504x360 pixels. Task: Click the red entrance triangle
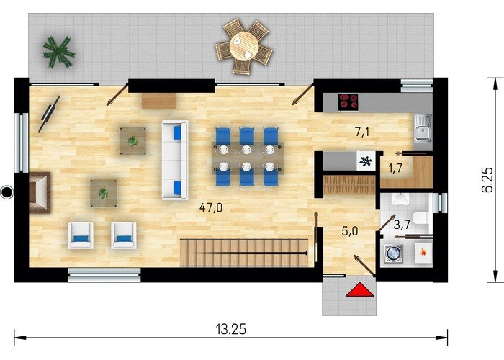click(360, 290)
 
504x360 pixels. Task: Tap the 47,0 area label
click(211, 207)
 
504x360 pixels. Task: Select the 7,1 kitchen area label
click(362, 132)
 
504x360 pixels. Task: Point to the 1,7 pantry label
click(396, 168)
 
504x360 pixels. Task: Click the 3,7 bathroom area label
click(402, 225)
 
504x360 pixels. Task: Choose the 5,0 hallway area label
click(350, 231)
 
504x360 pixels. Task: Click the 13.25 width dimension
click(231, 329)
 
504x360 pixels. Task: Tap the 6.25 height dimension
click(487, 180)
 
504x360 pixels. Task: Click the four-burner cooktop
click(348, 102)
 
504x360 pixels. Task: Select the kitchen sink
click(423, 129)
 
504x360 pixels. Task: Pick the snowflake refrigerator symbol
click(366, 161)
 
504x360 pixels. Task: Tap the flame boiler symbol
click(423, 252)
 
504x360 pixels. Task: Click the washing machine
click(393, 253)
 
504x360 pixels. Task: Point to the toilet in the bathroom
click(421, 218)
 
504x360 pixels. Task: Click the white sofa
click(175, 160)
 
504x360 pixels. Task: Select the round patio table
click(244, 47)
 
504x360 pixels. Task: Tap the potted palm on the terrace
click(59, 52)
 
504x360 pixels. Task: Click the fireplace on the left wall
click(40, 192)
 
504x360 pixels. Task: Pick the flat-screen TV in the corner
click(49, 114)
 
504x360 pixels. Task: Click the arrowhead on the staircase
click(306, 253)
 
